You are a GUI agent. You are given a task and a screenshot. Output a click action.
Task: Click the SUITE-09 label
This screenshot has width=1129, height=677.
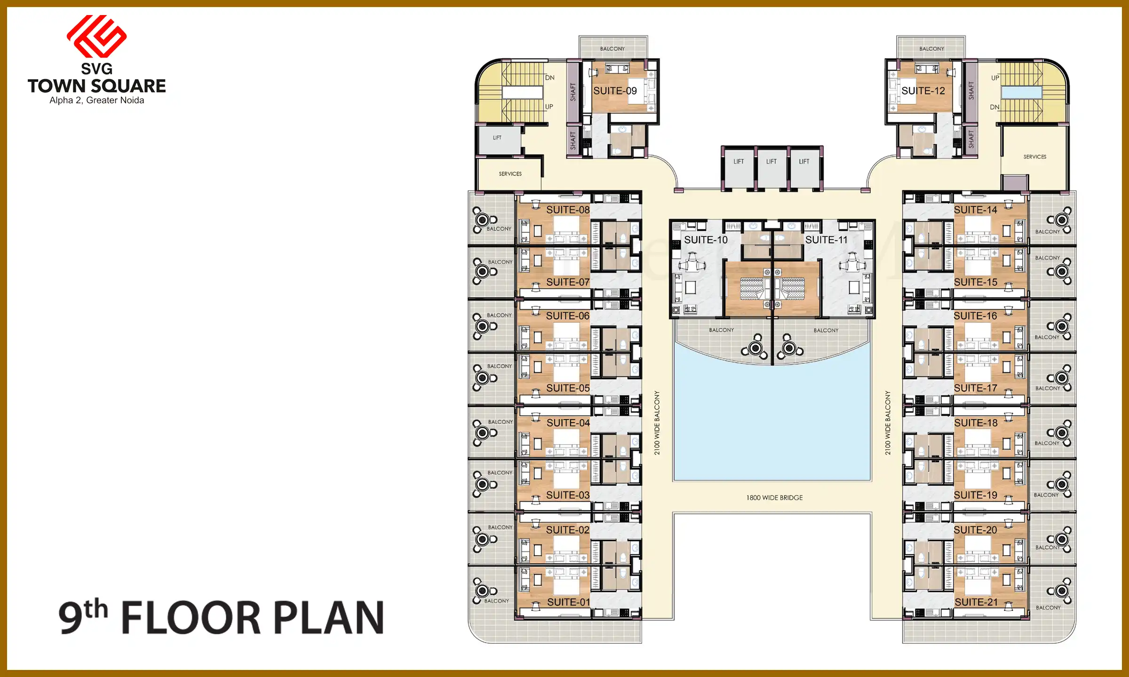pos(615,91)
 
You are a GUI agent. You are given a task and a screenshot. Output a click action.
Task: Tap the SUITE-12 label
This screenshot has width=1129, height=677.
pos(923,91)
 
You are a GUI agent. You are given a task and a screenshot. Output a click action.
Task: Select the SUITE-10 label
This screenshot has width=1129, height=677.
pos(706,240)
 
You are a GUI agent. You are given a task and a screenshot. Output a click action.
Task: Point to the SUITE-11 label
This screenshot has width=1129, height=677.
pos(826,240)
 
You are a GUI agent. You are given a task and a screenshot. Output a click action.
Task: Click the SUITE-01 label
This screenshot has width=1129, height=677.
pos(568,602)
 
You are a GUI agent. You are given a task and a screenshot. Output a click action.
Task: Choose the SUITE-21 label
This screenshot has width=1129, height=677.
pos(976,602)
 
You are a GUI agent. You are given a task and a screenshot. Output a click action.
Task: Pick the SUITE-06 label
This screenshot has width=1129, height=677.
pos(567,316)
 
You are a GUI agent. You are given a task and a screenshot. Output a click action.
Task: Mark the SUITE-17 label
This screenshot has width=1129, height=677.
pos(976,388)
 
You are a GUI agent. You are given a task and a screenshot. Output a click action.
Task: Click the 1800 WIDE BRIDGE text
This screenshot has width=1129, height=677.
pos(774,498)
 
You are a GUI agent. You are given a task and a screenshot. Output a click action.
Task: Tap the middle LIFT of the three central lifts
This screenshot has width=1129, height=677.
pos(771,162)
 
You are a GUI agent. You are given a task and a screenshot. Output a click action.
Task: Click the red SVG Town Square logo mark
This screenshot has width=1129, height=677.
pos(97,36)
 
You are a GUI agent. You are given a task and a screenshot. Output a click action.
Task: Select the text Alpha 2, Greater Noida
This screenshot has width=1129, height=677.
pos(97,101)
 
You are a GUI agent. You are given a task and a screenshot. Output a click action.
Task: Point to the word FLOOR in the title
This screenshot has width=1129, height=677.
pos(191,617)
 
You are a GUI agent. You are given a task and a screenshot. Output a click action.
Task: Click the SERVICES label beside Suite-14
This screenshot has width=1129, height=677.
pos(1035,157)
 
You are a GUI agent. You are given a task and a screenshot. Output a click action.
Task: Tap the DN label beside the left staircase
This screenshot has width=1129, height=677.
pos(549,78)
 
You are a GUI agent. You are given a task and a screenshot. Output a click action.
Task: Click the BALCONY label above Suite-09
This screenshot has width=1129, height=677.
pos(612,49)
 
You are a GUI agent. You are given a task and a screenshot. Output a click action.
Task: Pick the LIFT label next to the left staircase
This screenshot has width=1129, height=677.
pos(497,138)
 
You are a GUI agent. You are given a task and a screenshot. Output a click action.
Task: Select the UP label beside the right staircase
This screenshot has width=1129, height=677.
pos(995,78)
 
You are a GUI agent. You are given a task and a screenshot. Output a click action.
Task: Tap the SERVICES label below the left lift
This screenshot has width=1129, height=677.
pos(510,174)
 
